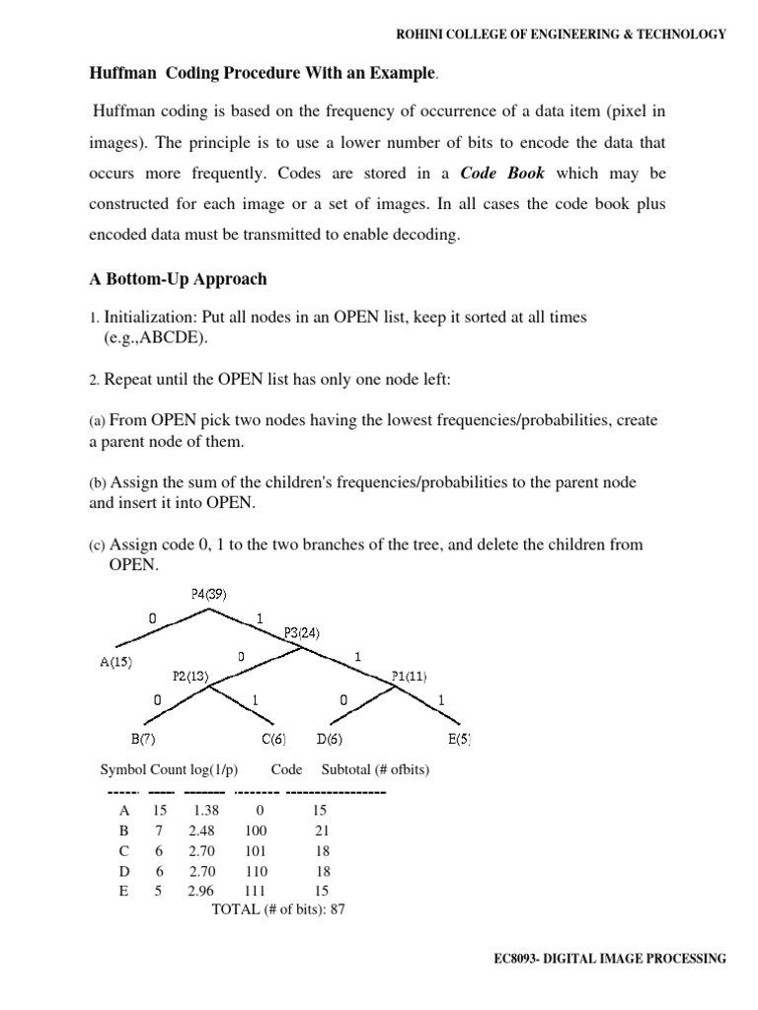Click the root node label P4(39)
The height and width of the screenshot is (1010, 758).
(212, 593)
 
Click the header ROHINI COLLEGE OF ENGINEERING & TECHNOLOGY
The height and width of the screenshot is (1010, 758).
(561, 34)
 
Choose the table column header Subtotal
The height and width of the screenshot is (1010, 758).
(346, 769)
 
